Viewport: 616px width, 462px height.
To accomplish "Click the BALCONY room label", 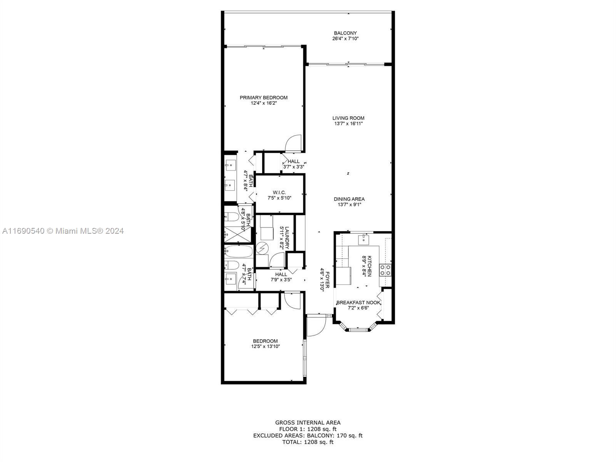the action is tap(345, 33).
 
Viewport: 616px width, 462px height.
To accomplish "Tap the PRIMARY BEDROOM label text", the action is tap(263, 98).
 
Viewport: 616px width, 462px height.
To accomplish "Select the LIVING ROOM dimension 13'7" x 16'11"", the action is tap(348, 124).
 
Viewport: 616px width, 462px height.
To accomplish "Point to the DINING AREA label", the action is tap(349, 199).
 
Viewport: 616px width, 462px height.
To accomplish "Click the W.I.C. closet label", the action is tap(279, 192).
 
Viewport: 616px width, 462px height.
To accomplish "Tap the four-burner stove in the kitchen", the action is tap(385, 270).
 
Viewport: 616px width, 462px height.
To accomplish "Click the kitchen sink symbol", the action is tap(363, 240).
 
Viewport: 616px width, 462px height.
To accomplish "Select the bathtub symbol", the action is tap(239, 252).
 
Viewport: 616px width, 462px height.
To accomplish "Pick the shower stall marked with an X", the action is tap(234, 234).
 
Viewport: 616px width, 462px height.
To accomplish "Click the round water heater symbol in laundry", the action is tap(262, 248).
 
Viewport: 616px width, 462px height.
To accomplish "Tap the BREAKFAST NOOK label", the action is tap(358, 303).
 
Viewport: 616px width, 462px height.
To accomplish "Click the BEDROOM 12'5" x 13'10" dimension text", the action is tap(266, 346).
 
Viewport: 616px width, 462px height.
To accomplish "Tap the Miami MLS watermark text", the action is tap(63, 231).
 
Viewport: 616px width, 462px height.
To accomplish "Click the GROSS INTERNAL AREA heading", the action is tap(308, 422).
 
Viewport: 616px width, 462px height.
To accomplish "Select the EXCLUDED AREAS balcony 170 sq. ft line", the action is tap(308, 436).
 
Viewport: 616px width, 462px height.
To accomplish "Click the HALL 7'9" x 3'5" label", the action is tap(281, 277).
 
